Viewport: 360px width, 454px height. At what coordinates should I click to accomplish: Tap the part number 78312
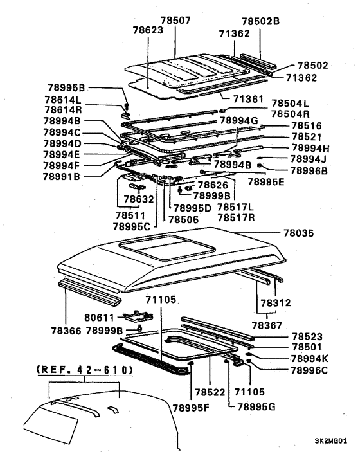(276, 302)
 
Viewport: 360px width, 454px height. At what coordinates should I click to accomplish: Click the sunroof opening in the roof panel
(150, 246)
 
